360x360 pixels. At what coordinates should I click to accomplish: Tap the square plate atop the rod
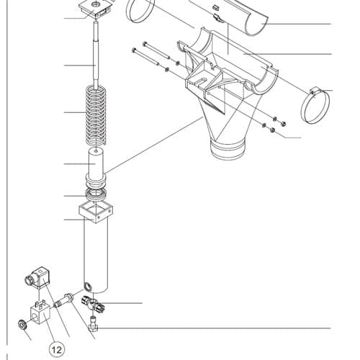[96, 9]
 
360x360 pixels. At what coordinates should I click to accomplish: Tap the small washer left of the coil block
[22, 325]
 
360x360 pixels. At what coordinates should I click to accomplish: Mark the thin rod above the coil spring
[96, 54]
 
